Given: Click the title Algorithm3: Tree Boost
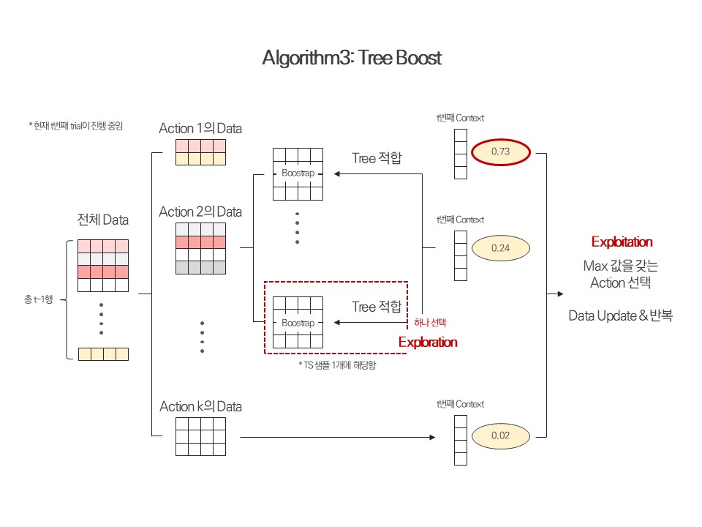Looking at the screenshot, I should point(352,59).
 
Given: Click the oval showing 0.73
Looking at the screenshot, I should point(500,152).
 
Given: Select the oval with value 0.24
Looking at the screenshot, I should point(500,247).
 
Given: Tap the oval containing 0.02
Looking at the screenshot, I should point(500,435).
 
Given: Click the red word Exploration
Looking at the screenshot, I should point(428,342).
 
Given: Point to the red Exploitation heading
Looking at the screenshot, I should point(622,242).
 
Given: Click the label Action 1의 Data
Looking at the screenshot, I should point(200,128).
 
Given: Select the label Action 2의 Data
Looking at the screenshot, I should point(200,212).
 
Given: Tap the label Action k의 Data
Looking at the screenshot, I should point(200,406).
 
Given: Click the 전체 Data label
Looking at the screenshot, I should point(103,220).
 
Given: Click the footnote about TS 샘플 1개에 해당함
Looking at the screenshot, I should point(337,364).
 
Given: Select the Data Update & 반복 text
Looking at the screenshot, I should point(621,316).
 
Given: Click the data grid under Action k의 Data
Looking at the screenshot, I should point(200,437).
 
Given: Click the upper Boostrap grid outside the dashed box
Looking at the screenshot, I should point(298,174).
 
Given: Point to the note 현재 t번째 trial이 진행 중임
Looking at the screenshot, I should point(75,126).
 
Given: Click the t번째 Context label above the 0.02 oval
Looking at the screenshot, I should point(460,404).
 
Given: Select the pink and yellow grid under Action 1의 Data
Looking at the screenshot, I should point(200,152).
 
